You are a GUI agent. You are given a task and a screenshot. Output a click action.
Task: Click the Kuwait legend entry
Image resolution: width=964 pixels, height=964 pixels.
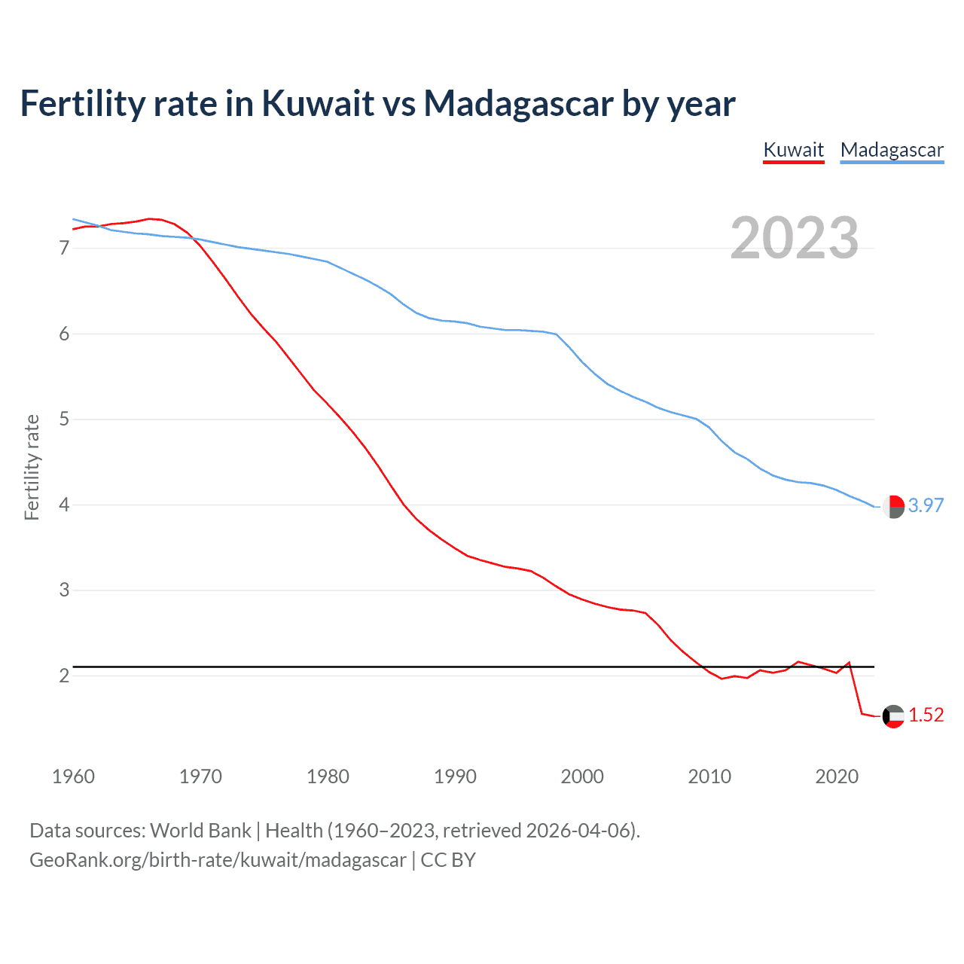[x=794, y=150]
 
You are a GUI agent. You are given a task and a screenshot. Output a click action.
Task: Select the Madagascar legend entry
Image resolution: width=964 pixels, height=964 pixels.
[x=892, y=150]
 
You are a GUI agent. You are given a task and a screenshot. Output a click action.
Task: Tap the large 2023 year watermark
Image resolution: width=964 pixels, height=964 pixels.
[x=795, y=238]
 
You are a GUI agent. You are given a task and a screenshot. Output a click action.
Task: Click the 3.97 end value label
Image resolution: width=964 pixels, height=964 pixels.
[x=926, y=505]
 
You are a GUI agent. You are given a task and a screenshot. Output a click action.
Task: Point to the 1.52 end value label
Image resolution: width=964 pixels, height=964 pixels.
[x=926, y=715]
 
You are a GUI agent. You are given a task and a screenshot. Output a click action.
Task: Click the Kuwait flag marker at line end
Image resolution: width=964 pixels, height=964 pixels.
[x=893, y=716]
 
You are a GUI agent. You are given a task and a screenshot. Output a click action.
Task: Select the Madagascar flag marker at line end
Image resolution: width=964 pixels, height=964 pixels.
[x=893, y=507]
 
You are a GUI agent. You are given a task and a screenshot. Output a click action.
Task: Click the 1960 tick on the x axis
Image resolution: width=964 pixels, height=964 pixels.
[x=73, y=776]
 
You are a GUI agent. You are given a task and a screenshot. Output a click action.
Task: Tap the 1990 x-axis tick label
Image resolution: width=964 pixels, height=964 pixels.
[x=455, y=776]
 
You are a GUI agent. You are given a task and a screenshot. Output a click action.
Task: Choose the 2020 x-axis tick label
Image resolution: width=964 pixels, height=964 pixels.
[x=837, y=776]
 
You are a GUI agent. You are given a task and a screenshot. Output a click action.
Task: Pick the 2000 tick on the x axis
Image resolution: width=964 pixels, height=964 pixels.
[x=582, y=776]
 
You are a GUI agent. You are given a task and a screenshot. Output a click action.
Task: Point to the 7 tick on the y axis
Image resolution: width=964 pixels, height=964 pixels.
[x=64, y=249]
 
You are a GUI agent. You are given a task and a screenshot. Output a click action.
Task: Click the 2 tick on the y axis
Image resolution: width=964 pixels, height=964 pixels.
[x=64, y=676]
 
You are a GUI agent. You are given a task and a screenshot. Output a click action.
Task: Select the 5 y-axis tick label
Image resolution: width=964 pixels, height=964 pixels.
[x=64, y=419]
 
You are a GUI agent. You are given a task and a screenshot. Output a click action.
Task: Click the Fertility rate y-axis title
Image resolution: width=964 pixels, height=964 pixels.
[x=32, y=467]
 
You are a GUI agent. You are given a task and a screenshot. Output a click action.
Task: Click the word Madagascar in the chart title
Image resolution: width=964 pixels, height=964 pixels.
[x=518, y=103]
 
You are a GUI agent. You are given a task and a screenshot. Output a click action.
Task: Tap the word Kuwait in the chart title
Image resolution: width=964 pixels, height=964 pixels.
[x=318, y=103]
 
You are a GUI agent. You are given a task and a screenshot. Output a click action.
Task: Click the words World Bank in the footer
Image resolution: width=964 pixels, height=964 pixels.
[x=200, y=831]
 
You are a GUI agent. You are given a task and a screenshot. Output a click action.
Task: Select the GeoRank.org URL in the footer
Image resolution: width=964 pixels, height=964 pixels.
[x=218, y=860]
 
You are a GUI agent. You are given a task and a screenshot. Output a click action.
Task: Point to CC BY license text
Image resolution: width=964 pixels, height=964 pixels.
[x=448, y=860]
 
